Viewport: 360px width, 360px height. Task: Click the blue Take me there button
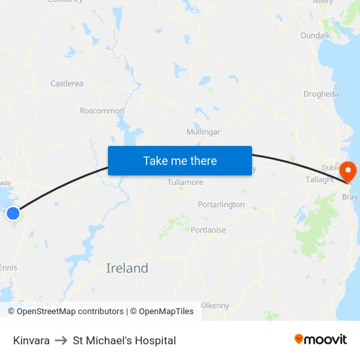point(180,160)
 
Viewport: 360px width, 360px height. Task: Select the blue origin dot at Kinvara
point(13,213)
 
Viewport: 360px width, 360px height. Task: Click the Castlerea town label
point(67,84)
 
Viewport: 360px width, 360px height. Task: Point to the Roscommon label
point(101,111)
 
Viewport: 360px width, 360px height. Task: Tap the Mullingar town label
point(203,132)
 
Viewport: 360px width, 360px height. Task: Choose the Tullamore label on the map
point(185,182)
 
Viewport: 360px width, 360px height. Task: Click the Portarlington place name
point(221,205)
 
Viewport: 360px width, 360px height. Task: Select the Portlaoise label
point(208,230)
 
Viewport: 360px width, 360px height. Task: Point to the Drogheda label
point(321,94)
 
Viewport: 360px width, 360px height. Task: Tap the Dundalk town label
point(315,35)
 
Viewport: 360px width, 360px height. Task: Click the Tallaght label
point(320,179)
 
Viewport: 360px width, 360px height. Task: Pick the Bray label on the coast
point(350,196)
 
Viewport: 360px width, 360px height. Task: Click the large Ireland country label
point(127,268)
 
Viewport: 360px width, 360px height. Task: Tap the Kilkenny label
point(215,305)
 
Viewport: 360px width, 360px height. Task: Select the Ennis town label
point(9,268)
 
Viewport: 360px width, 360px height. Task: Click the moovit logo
point(320,340)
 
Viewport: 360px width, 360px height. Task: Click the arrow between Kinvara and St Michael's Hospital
point(61,340)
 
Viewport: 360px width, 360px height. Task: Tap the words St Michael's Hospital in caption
point(124,340)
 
